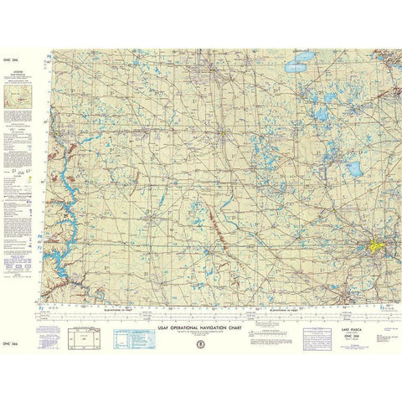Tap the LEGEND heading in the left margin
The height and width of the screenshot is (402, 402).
[x=18, y=73]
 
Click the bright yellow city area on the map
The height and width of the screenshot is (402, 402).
[x=374, y=248]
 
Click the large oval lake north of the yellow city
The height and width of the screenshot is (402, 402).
[x=354, y=167]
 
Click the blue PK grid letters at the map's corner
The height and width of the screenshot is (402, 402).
[x=49, y=59]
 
